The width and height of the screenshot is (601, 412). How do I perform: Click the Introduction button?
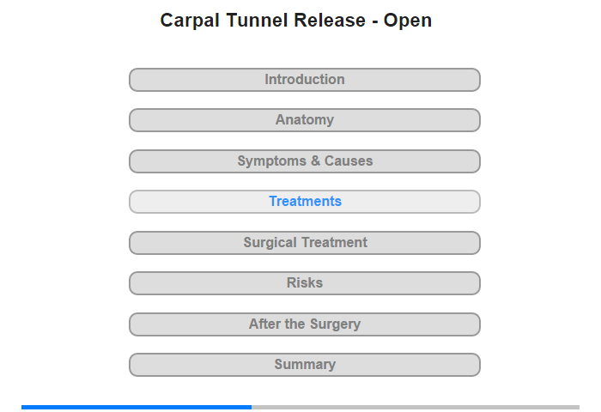click(305, 80)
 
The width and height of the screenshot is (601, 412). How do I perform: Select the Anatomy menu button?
click(305, 120)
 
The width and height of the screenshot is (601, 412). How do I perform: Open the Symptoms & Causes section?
click(305, 161)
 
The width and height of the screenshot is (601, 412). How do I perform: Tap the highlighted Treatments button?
click(305, 202)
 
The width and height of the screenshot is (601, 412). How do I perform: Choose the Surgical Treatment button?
click(305, 243)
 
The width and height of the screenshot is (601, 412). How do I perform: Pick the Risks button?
click(305, 283)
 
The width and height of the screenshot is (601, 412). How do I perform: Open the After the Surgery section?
click(305, 324)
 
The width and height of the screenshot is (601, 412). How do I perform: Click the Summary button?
click(305, 365)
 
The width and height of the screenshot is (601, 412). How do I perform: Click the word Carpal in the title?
click(190, 21)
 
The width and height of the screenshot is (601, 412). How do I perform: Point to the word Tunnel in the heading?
click(257, 20)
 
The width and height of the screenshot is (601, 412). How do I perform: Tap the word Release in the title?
click(330, 20)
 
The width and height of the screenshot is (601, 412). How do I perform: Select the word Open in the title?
click(408, 21)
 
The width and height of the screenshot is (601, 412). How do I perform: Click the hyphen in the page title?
click(374, 22)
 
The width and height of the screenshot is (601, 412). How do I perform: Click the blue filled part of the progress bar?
click(137, 407)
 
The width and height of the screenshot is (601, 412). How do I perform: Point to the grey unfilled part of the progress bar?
click(416, 407)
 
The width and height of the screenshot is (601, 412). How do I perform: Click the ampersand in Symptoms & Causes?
click(315, 161)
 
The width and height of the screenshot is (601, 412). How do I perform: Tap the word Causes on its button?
click(349, 161)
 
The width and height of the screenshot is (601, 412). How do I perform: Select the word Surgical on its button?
click(270, 243)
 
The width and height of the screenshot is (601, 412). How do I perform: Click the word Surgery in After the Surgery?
click(335, 324)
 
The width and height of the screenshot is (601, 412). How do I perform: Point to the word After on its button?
click(264, 324)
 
